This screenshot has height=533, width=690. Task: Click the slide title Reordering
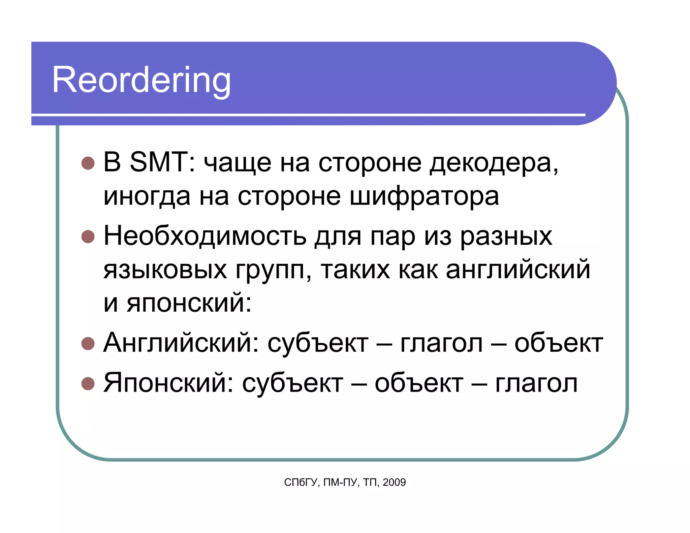(x=142, y=80)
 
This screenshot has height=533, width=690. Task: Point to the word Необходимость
(x=205, y=236)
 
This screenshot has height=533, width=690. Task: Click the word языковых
(x=165, y=271)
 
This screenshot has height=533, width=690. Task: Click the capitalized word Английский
(x=181, y=343)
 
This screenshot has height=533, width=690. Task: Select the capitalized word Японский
(x=168, y=383)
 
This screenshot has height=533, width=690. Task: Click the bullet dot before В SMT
(x=88, y=163)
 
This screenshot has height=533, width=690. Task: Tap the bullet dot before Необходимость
(x=88, y=237)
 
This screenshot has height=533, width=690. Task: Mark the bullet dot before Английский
(x=88, y=344)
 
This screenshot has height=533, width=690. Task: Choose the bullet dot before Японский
(x=88, y=383)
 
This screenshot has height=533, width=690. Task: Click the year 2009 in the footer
(x=394, y=482)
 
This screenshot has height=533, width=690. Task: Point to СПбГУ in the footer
(x=301, y=482)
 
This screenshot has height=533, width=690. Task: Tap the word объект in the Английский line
(x=558, y=344)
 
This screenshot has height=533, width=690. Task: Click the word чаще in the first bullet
(x=237, y=163)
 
